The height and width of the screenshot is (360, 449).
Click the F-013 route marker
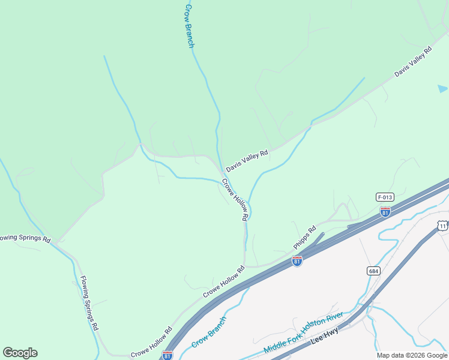[385, 197]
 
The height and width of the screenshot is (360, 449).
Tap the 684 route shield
[373, 271]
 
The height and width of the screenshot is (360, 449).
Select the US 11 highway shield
[442, 225]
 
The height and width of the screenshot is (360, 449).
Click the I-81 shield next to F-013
[385, 211]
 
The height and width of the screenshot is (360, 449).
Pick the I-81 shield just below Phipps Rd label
[297, 261]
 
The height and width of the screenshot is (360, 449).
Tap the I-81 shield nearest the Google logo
[167, 355]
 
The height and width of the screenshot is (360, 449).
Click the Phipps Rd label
[304, 236]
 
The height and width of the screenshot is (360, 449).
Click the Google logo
[20, 353]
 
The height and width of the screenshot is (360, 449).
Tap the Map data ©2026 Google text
[412, 355]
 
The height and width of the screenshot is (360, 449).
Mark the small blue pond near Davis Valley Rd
[442, 89]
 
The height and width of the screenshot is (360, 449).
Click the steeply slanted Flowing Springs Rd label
[89, 303]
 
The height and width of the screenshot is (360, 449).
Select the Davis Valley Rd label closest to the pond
[413, 62]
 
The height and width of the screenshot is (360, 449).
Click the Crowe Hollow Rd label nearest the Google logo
[151, 343]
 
